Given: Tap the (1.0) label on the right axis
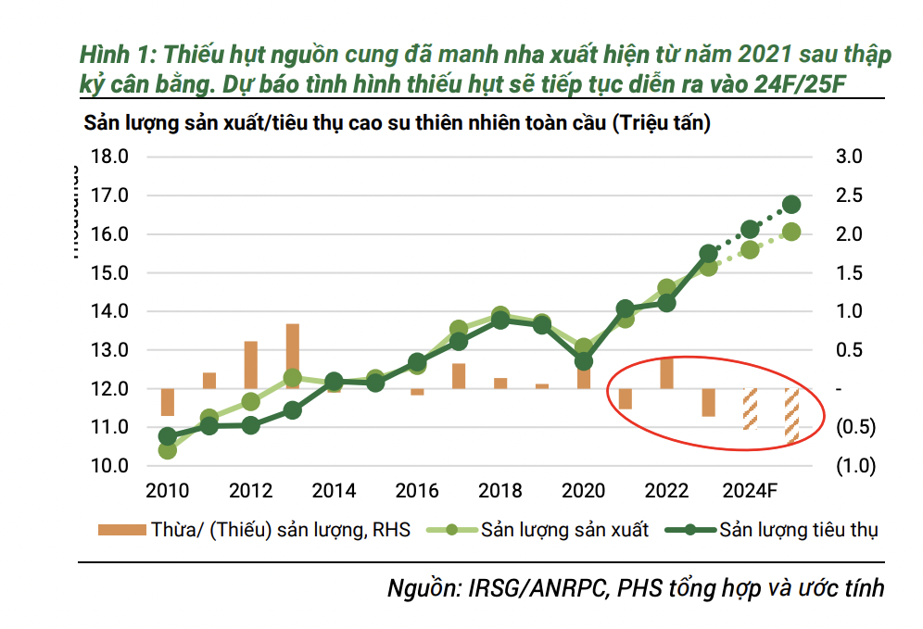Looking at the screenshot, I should pos(854,466).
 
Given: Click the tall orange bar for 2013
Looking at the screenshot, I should pos(292,356).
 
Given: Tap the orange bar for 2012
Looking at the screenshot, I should pos(250,365).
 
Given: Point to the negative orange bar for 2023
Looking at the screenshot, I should pos(708,402).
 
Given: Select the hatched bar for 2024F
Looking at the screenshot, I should pos(750,409).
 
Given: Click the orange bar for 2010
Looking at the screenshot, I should pos(167,402).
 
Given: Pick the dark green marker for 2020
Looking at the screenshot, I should pos(584,362).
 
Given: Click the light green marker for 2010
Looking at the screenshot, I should pos(168,450).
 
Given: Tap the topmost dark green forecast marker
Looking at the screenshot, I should pos(791,205).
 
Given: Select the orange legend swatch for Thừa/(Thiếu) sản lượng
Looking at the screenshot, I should pos(121,530).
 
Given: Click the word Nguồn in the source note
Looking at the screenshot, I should pos(422,588).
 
